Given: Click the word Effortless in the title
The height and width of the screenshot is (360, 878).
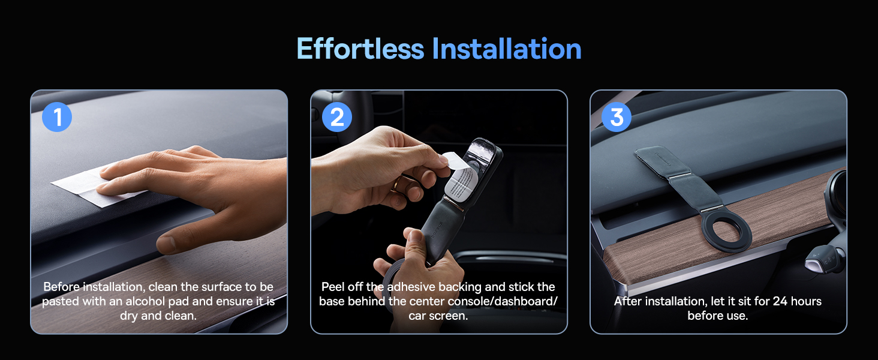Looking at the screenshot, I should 360,49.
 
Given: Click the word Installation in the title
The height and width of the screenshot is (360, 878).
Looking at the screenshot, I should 507,49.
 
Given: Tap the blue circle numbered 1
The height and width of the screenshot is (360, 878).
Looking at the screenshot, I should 57,118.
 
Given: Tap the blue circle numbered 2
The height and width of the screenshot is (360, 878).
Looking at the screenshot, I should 337,118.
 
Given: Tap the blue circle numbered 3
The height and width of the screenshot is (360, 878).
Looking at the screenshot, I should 617,118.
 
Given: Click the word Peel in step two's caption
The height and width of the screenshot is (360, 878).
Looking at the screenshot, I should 334,287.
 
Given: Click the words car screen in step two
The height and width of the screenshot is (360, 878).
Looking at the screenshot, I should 438,316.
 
